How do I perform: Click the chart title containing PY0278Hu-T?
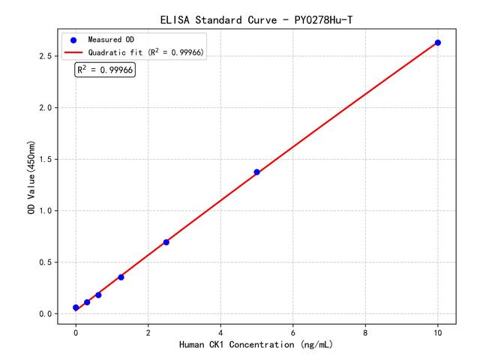pos(256,18)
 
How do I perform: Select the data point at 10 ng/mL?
pos(438,43)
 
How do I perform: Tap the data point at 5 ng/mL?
pos(256,172)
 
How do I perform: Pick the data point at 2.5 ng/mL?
pos(166,242)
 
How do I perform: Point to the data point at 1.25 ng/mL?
pos(121,277)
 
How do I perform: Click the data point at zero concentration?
pos(76,307)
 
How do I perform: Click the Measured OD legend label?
pos(110,39)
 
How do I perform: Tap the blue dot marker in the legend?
pos(73,39)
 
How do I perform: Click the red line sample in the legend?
pos(73,52)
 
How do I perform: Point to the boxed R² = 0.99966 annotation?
pos(105,70)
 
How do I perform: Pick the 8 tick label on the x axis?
pos(365,331)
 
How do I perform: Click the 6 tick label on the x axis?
pos(292,331)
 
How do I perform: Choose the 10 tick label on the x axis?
pos(438,331)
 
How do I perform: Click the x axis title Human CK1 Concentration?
pos(256,344)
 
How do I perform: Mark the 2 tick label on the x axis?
pos(148,331)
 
